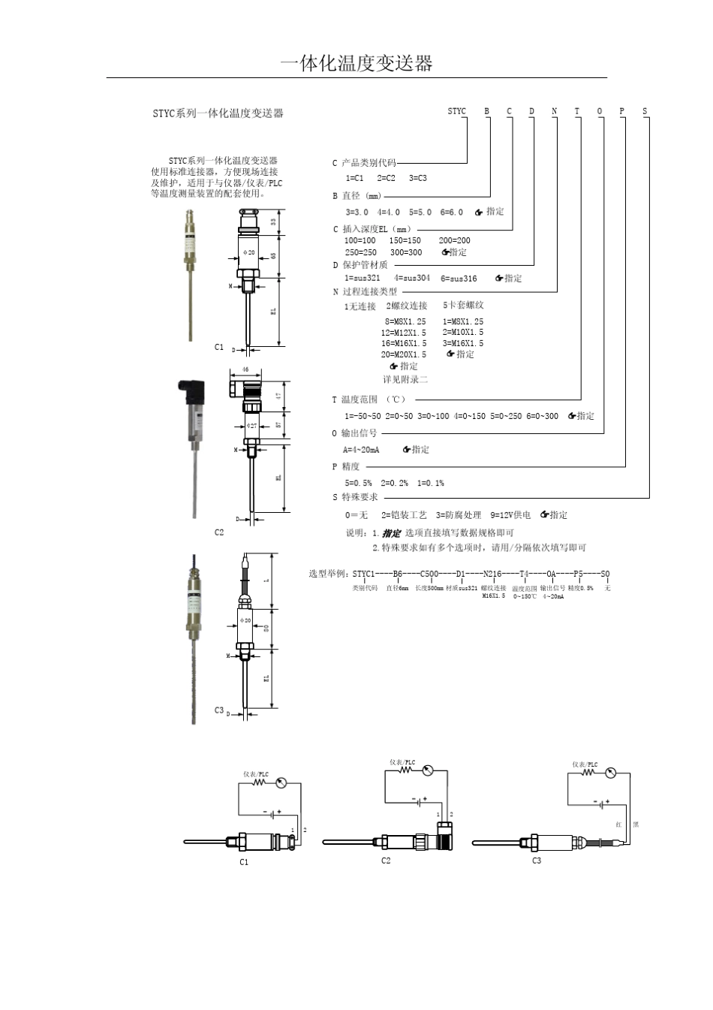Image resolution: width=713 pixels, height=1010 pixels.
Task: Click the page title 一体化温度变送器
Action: (x=356, y=64)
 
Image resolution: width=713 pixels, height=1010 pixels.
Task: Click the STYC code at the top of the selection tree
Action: (x=456, y=111)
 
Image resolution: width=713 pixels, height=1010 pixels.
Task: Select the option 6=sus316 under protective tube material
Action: (x=459, y=279)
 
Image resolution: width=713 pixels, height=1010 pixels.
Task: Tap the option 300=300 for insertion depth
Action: (x=406, y=253)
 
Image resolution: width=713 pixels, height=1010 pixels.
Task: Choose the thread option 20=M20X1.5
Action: (x=403, y=354)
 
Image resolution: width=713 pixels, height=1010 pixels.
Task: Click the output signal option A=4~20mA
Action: (x=361, y=450)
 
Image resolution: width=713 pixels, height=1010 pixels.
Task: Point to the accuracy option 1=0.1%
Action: (x=431, y=483)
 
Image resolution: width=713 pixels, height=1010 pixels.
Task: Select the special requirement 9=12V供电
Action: (x=510, y=515)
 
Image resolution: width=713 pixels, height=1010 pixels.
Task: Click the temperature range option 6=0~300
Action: (x=542, y=416)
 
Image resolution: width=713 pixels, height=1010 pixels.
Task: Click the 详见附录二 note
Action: (x=405, y=379)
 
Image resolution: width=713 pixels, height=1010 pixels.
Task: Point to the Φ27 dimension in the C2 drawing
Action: (x=252, y=426)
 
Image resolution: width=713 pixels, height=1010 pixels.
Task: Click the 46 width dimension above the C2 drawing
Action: (x=245, y=370)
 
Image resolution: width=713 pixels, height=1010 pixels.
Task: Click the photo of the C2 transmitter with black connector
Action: (x=193, y=443)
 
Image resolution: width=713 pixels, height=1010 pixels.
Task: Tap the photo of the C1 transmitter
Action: (x=190, y=274)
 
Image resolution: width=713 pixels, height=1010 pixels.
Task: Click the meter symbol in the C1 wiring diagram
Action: (x=281, y=783)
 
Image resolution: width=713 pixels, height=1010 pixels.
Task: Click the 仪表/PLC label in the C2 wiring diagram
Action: (x=402, y=762)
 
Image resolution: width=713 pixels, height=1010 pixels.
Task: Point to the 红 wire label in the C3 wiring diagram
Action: (x=618, y=825)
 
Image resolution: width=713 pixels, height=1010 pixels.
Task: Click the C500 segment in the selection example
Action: (x=429, y=574)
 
